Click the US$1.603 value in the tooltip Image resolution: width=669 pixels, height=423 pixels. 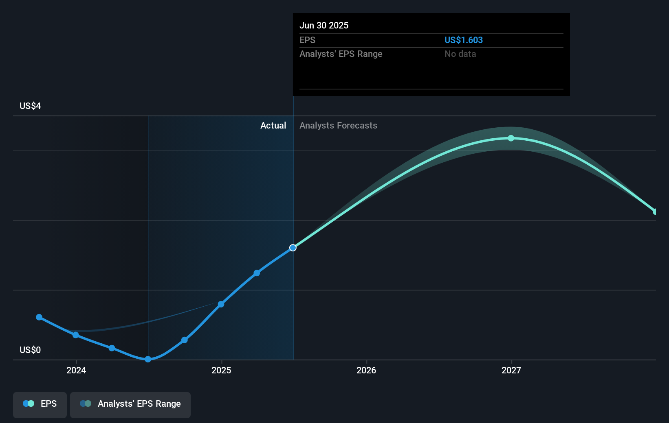463,40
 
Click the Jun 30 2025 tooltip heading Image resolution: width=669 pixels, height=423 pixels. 324,25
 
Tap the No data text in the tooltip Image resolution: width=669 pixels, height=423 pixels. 460,54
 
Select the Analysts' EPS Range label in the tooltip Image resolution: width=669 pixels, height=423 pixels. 341,54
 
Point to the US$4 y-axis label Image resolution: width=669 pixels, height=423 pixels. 30,106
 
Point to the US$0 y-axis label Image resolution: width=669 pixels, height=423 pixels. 30,350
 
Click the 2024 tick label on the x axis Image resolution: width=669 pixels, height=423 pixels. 76,370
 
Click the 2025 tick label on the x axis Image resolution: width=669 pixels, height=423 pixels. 221,370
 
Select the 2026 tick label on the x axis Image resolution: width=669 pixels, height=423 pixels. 366,370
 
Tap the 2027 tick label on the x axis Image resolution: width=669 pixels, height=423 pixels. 511,370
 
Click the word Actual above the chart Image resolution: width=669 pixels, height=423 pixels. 273,125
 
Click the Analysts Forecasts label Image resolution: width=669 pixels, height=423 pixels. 338,125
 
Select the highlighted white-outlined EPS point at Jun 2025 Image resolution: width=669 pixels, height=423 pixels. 293,248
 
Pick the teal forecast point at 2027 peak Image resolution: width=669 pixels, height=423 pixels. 511,138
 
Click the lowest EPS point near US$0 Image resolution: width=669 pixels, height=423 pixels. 148,359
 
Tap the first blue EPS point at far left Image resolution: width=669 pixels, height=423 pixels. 39,317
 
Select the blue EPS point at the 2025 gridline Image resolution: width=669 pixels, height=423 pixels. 221,304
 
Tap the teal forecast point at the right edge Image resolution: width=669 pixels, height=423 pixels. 655,211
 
